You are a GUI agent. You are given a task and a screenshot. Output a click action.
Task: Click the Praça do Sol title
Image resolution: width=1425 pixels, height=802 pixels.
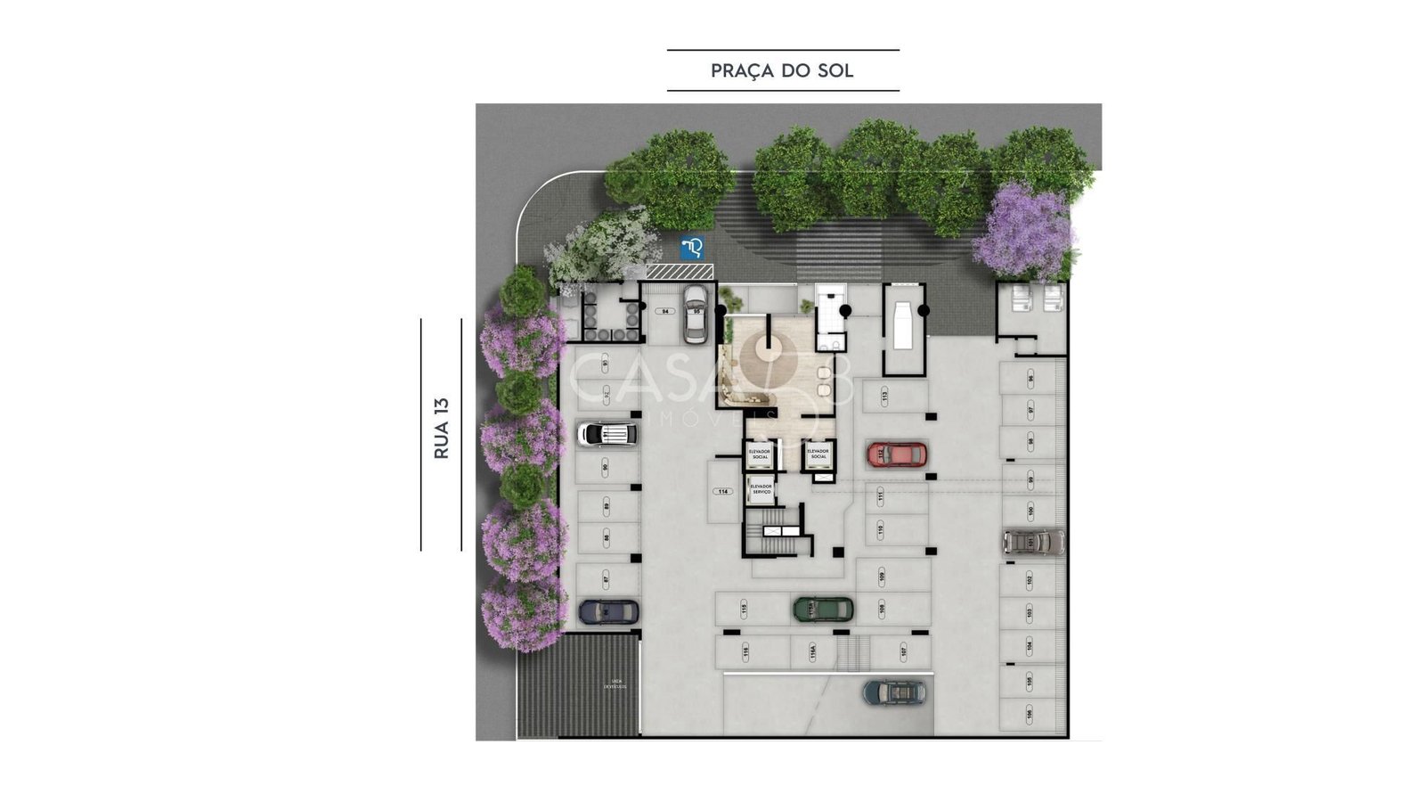tap(782, 71)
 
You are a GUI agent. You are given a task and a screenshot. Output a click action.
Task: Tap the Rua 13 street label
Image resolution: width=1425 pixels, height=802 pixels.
tap(442, 429)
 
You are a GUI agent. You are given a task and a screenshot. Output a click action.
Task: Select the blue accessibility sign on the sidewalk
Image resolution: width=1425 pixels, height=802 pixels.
tap(692, 248)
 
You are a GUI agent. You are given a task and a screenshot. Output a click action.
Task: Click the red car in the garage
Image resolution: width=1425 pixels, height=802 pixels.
tap(897, 454)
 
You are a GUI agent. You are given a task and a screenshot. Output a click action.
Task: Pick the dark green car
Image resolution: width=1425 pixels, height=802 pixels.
tap(823, 609)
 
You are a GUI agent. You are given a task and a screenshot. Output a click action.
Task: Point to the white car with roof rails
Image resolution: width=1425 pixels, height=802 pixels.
tap(607, 434)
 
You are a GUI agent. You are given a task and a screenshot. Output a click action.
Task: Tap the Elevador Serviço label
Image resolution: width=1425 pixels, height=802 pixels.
tap(761, 489)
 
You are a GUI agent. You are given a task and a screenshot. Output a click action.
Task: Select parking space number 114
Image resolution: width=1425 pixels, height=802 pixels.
tap(723, 492)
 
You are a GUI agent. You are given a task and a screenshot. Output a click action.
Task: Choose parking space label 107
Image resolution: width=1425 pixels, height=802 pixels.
tap(903, 652)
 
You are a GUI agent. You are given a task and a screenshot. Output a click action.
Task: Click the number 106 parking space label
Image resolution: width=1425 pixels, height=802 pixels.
tap(1030, 713)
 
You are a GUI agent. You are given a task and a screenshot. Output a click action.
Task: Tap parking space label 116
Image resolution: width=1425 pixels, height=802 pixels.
tap(745, 652)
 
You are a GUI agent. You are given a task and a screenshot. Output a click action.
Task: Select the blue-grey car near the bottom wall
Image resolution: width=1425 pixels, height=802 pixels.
tap(893, 692)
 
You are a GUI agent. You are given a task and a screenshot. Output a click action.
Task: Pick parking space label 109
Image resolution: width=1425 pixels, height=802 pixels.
tap(882, 577)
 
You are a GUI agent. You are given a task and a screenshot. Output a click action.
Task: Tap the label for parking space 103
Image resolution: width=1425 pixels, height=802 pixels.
tap(1030, 613)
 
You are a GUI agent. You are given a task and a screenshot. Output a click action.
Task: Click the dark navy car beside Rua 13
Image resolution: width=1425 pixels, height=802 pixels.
tap(608, 611)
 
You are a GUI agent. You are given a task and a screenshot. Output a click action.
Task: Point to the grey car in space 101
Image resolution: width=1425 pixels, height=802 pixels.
tap(1033, 541)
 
